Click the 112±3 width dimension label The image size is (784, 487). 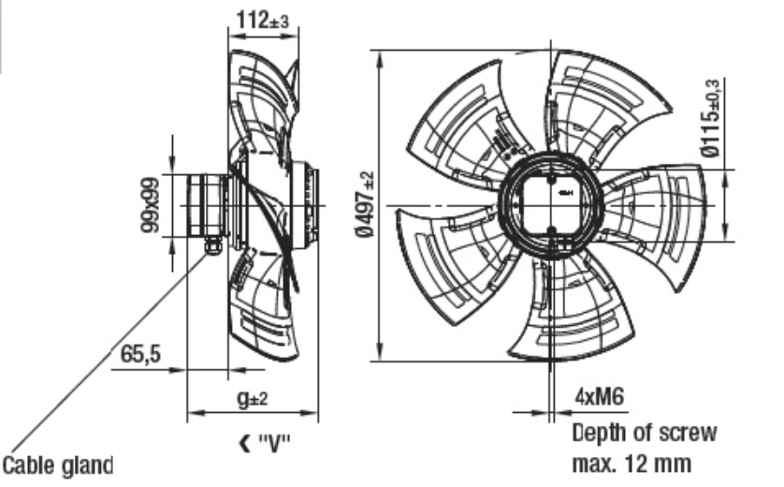pos(263,21)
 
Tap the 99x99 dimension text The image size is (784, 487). pos(150,205)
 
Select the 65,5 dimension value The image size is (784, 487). pos(140,354)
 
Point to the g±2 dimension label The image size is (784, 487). pos(252,398)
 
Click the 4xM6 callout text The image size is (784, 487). pos(600,397)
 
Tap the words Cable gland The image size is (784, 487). pos(58,465)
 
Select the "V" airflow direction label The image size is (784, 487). pos(274,444)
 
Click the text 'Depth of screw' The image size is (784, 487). pos(644,433)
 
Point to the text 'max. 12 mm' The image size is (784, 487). pos(632,464)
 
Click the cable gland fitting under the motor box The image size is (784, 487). pos(212,245)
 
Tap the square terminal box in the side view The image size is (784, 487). pos(206,205)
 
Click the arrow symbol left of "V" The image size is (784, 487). pos(245,444)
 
